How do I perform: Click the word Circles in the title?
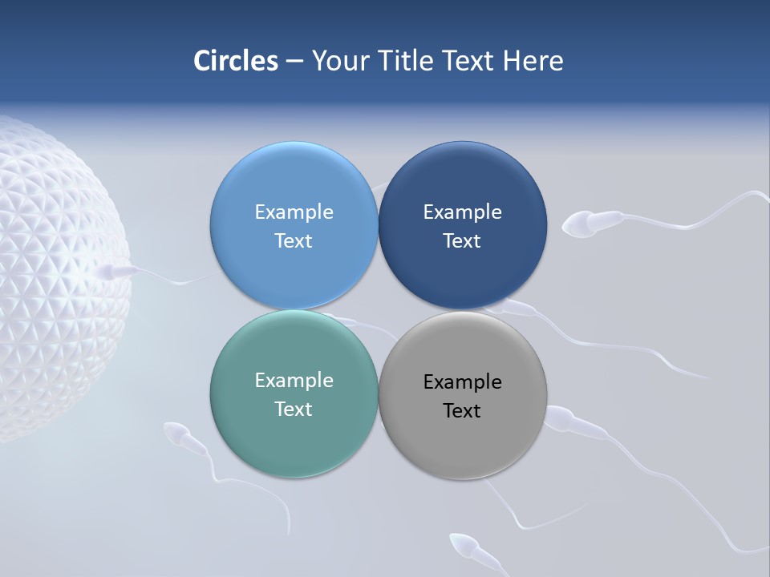[x=236, y=61]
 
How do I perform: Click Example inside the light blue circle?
[x=294, y=212]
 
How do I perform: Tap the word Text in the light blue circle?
[x=294, y=240]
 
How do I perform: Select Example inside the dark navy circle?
[x=462, y=212]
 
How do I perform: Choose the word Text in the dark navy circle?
[x=462, y=240]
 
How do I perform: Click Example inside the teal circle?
[x=294, y=380]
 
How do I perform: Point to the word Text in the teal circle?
[x=294, y=409]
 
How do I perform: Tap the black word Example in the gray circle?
[x=462, y=381]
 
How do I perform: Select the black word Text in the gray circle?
[x=462, y=410]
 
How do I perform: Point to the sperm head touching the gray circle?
[x=561, y=418]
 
